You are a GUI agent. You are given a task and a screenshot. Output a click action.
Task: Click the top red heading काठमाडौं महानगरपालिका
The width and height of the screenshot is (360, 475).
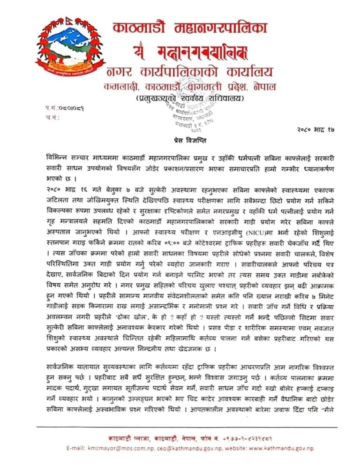click(x=190, y=28)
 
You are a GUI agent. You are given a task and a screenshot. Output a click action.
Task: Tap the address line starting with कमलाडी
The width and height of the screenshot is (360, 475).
click(x=190, y=87)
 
